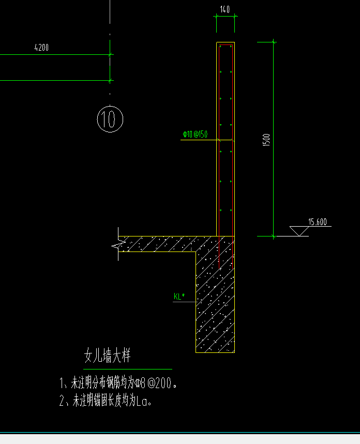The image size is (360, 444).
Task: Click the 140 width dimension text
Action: (x=224, y=9)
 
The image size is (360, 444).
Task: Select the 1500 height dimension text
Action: (x=267, y=140)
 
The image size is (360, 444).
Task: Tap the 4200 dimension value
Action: (x=41, y=48)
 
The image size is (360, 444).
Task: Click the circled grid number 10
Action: (x=110, y=119)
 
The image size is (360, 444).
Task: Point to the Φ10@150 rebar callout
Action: (x=195, y=135)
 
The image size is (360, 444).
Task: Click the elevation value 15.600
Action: (x=317, y=223)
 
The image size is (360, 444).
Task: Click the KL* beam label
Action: (x=179, y=297)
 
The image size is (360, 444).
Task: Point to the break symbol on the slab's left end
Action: (x=116, y=248)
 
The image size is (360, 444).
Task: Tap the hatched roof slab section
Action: (x=160, y=244)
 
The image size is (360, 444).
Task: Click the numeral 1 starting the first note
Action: (x=62, y=384)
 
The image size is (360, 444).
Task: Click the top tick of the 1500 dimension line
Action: (x=273, y=42)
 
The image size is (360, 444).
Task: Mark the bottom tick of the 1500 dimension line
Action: (x=273, y=236)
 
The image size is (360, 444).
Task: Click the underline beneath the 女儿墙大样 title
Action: (x=124, y=369)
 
